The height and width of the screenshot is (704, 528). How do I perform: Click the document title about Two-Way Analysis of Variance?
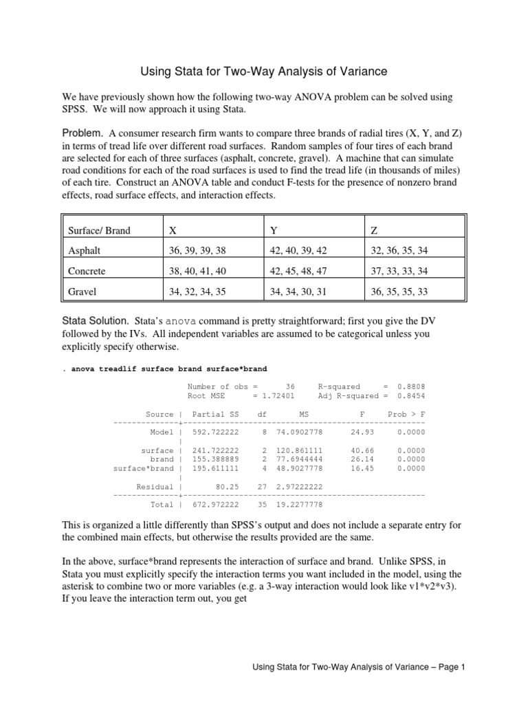point(264,71)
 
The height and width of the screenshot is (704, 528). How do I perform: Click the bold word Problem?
point(82,132)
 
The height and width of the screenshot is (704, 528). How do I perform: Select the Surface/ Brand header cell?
point(99,231)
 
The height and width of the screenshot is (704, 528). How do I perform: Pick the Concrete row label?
point(87,271)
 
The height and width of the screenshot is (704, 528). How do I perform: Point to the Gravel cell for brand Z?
point(398,291)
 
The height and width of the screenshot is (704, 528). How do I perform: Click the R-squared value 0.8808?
point(411,386)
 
